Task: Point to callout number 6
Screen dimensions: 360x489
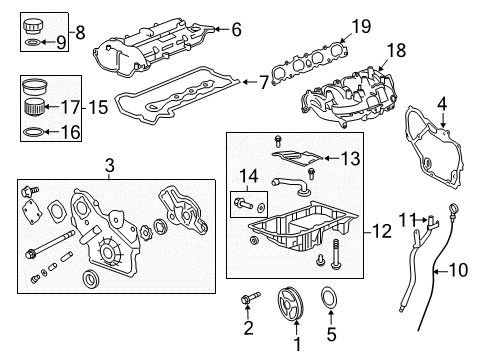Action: (236, 30)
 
